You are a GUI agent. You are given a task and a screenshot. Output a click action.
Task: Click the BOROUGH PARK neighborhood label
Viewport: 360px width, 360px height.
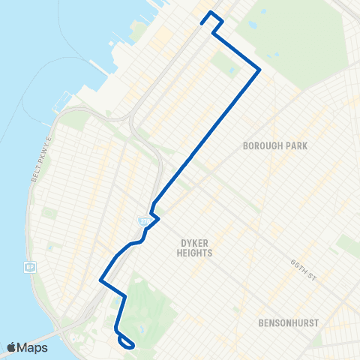[x=282, y=145]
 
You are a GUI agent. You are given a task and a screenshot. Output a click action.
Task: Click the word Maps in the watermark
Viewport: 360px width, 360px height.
[x=34, y=347]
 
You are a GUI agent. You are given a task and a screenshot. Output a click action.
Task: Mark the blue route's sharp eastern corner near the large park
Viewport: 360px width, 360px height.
[x=259, y=70]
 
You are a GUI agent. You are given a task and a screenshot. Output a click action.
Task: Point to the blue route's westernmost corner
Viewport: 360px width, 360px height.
[x=100, y=280]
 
